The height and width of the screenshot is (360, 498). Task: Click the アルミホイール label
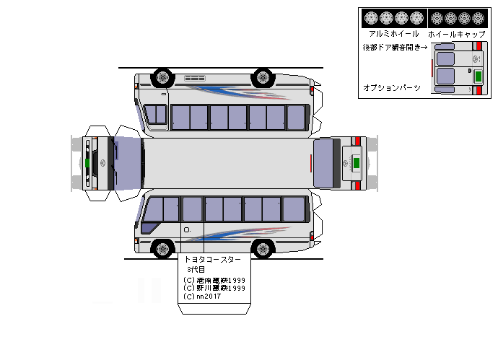coord(393,34)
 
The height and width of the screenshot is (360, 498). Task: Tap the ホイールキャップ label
coord(452,34)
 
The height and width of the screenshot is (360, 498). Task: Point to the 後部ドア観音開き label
coord(395,47)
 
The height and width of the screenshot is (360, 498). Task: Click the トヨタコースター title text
coord(212,258)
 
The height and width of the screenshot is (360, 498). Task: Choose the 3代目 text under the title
coord(196,269)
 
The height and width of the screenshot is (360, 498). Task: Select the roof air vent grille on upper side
coord(195,78)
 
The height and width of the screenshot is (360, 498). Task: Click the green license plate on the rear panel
coord(355,162)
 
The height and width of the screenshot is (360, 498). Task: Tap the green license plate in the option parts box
coord(477,77)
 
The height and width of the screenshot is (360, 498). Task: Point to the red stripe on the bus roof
coord(312,163)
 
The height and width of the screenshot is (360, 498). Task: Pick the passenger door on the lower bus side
coord(191,220)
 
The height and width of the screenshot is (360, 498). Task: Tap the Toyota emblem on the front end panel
coord(101,162)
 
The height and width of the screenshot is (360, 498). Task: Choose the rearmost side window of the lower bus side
coord(294,208)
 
